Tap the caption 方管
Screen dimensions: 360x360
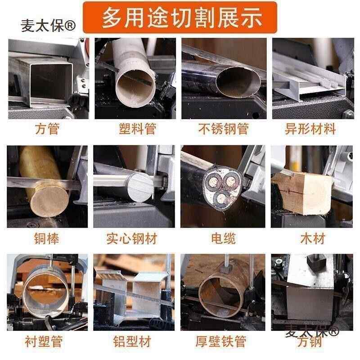point(47,130)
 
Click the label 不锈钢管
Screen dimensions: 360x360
point(224,130)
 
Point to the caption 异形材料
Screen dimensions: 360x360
point(310,130)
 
